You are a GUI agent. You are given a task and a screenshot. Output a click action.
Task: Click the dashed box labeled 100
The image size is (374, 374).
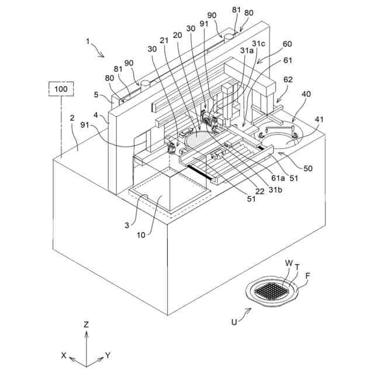click(61, 89)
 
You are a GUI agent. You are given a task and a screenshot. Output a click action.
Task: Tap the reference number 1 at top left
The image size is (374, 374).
click(88, 43)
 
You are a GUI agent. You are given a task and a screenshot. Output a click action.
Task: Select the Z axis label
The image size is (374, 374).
click(86, 323)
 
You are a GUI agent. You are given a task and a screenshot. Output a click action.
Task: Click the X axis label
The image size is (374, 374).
click(64, 355)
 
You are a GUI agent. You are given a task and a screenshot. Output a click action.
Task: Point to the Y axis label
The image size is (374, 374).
click(109, 355)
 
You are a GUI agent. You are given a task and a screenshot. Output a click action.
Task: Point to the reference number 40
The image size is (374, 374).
click(306, 94)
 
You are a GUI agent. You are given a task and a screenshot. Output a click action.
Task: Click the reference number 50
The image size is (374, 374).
click(307, 168)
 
